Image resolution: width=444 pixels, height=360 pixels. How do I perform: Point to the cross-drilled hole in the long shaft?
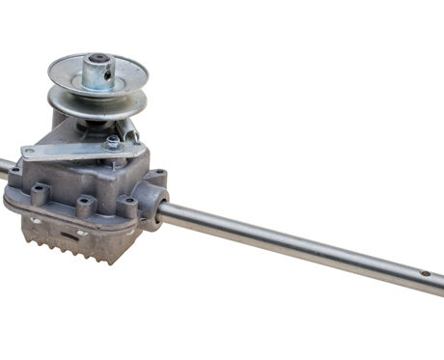pos(423,273)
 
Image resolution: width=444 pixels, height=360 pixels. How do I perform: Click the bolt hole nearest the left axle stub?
pos(15,174)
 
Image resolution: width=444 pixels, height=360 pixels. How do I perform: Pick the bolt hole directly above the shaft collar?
pos(156,176)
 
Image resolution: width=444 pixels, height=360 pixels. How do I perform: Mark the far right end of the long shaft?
pos(439,281)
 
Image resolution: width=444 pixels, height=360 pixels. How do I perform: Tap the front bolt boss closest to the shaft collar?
pos(127,206)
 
